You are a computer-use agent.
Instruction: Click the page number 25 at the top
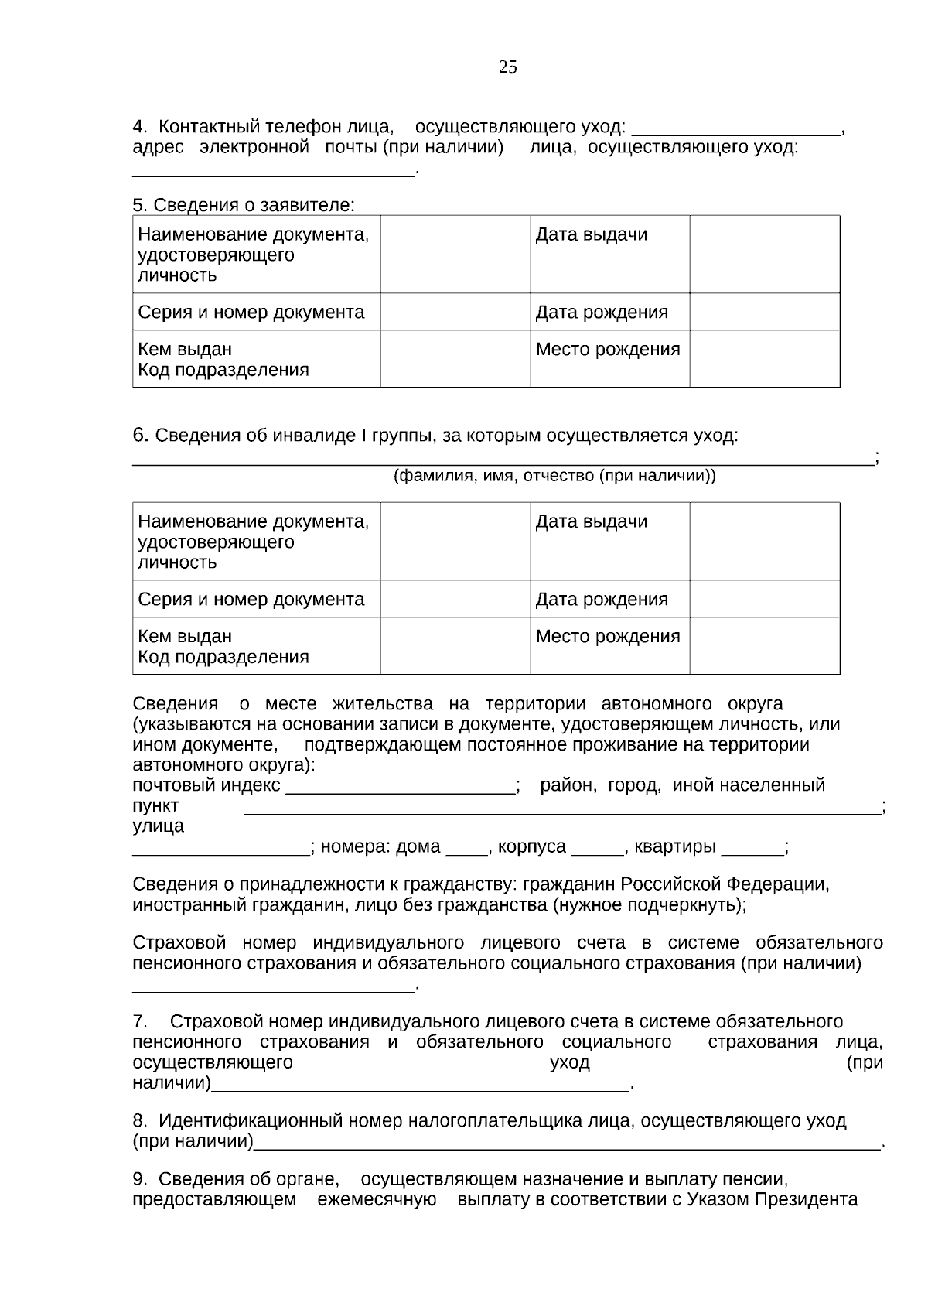pyautogui.click(x=508, y=67)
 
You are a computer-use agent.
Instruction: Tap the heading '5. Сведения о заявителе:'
pyautogui.click(x=244, y=205)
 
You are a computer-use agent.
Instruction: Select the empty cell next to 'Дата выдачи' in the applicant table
pyautogui.click(x=764, y=254)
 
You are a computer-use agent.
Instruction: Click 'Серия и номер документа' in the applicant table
pyautogui.click(x=251, y=313)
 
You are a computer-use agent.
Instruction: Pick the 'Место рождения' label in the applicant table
pyautogui.click(x=608, y=350)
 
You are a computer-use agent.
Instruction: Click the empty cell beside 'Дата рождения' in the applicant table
pyautogui.click(x=764, y=312)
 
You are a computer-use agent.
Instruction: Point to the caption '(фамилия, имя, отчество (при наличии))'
pyautogui.click(x=554, y=476)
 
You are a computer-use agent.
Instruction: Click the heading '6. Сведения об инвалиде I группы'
pyautogui.click(x=435, y=436)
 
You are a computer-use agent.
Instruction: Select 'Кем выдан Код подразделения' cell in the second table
pyautogui.click(x=223, y=647)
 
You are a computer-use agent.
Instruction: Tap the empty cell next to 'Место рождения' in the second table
pyautogui.click(x=764, y=646)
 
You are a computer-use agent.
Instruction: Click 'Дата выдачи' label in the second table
pyautogui.click(x=592, y=521)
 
